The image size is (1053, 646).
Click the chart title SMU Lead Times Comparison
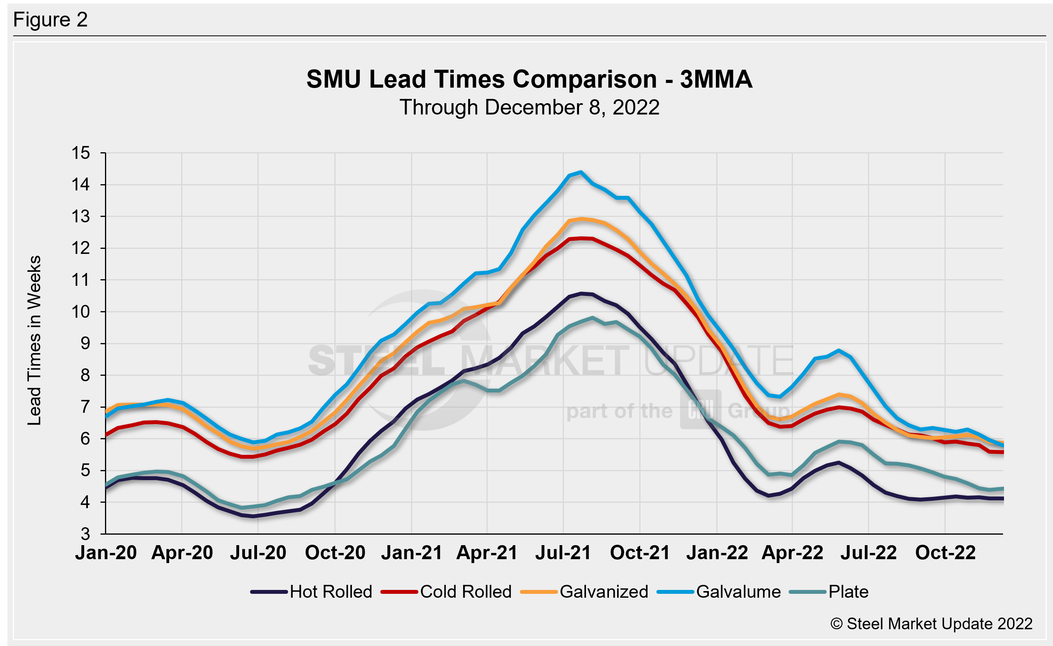529,79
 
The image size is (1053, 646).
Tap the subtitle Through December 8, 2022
529,107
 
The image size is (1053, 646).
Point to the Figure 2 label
51,20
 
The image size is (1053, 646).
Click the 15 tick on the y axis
81,153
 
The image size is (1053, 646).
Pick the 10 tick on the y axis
81,312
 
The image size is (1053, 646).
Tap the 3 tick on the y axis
86,534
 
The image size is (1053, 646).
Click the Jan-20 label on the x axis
106,553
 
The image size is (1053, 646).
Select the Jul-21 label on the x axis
563,553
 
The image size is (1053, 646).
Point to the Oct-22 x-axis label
945,553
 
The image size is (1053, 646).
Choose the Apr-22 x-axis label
792,553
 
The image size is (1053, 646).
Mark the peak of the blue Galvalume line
580,172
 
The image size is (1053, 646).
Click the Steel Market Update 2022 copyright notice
931,624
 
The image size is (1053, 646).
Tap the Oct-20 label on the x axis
335,553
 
